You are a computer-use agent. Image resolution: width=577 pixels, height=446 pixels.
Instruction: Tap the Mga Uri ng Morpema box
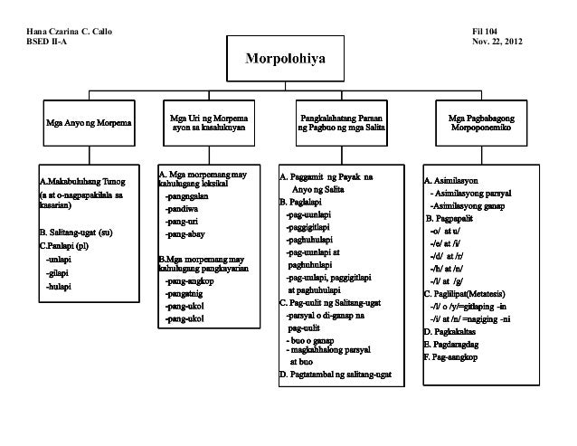[209, 123]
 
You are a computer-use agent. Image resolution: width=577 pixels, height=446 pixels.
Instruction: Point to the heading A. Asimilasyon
[457, 179]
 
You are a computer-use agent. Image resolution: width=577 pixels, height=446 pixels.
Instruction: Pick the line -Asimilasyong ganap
[473, 206]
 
